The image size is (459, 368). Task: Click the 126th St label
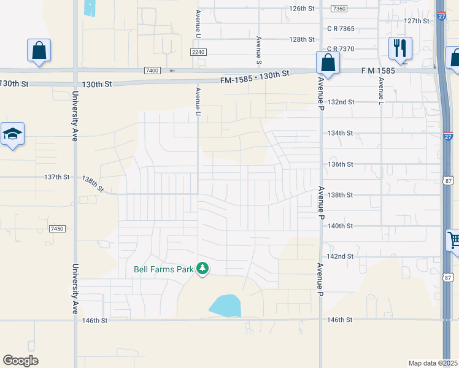[x=302, y=9]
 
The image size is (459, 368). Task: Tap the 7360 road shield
[x=338, y=9]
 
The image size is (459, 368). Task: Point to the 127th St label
[x=417, y=21]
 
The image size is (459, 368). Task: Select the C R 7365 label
[x=341, y=28]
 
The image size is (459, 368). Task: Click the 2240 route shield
[x=198, y=52]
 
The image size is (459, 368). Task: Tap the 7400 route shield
[x=152, y=71]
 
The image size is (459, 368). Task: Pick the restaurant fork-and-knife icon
[x=400, y=48]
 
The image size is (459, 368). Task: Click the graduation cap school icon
[x=12, y=135]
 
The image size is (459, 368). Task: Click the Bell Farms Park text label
[x=163, y=269]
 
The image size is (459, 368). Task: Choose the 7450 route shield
[x=57, y=229]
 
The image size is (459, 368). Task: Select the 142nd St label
[x=341, y=256]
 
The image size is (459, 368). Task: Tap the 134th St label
[x=341, y=133]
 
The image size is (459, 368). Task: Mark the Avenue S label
[x=258, y=50]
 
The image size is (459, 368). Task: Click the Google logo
[x=20, y=361]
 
